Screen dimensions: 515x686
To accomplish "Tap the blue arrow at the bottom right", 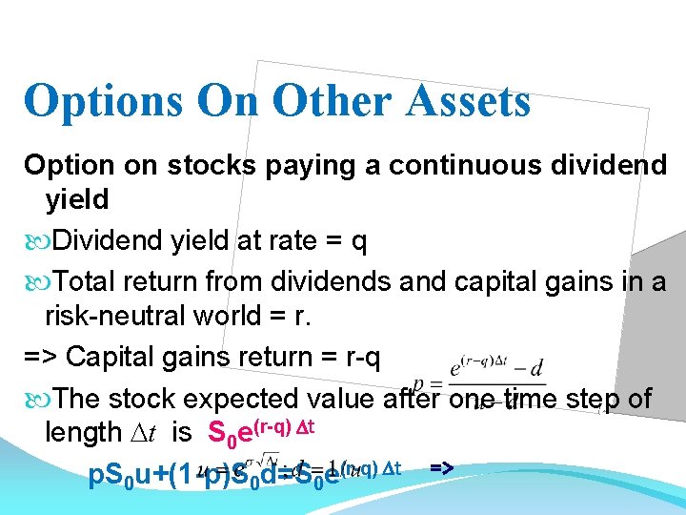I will click(x=441, y=466).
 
